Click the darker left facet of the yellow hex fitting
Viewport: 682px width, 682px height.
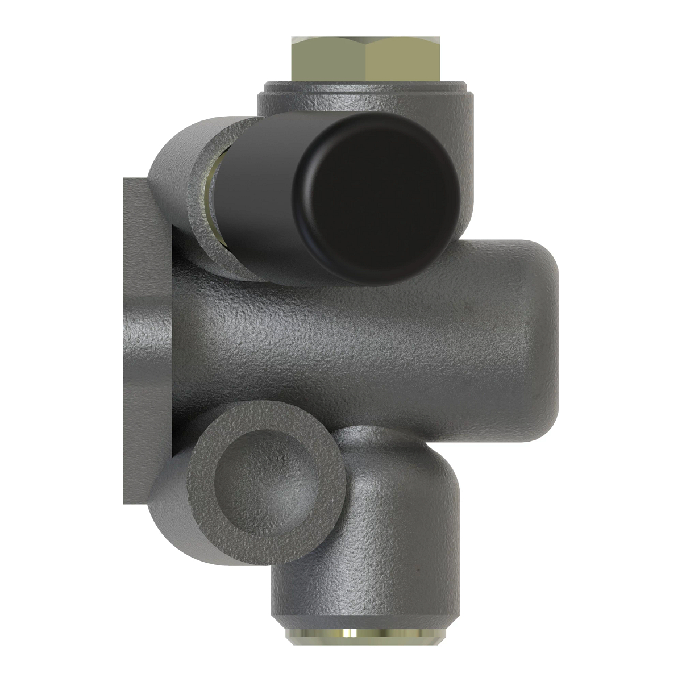coord(328,60)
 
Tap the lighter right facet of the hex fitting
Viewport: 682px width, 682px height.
coord(402,60)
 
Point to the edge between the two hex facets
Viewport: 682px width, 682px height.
coord(367,60)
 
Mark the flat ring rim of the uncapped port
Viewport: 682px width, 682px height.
coord(205,500)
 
